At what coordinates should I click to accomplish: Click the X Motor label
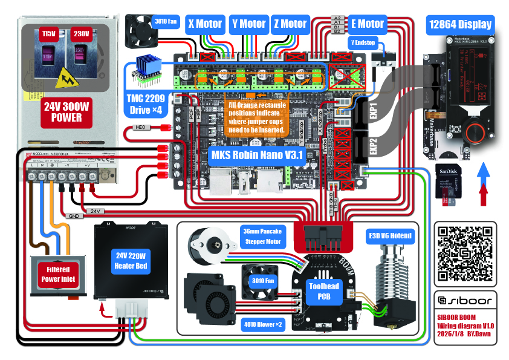point(205,24)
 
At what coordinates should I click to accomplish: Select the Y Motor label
point(248,24)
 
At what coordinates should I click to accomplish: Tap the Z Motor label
point(290,24)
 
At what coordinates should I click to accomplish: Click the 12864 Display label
point(461,25)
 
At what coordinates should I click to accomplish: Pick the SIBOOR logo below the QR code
point(465,299)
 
